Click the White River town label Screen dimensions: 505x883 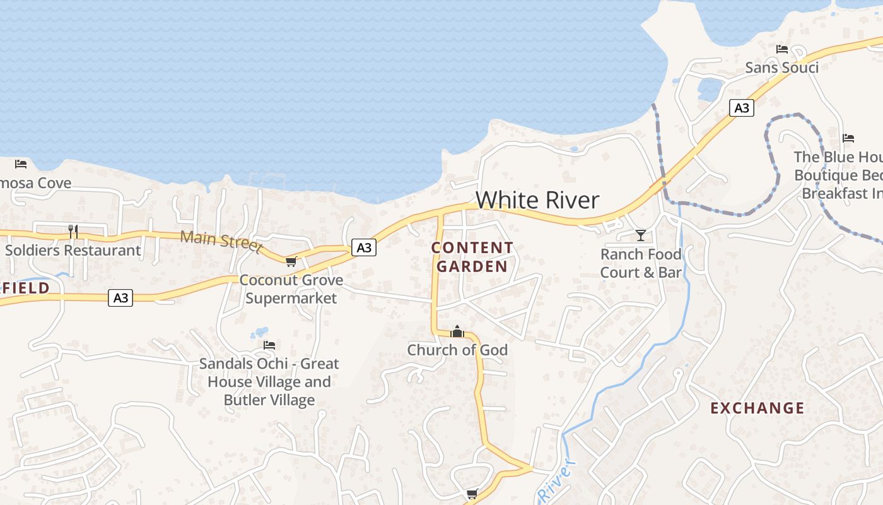[537, 200]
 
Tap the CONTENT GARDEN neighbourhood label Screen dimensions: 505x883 [472, 257]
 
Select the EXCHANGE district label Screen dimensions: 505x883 [757, 408]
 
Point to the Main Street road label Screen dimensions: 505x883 [221, 240]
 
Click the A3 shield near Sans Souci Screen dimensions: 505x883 [742, 108]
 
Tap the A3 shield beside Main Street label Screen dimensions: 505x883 [364, 247]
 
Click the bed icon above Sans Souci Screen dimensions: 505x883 [782, 49]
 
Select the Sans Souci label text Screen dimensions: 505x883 [781, 68]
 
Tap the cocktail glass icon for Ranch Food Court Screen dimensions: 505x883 [641, 235]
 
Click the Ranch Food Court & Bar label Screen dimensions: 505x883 [641, 263]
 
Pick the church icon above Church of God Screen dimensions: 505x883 [457, 331]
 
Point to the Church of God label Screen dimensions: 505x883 [457, 350]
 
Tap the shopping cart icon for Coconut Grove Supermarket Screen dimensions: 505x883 [291, 261]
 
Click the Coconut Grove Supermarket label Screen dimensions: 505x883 [291, 289]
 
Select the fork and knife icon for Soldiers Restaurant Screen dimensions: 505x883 [73, 232]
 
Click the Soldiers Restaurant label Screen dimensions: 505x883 [73, 250]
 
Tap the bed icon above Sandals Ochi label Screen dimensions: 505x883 [269, 345]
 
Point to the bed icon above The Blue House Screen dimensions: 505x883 [848, 138]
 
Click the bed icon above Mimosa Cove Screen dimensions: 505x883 [21, 164]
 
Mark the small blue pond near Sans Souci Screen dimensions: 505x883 [710, 90]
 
